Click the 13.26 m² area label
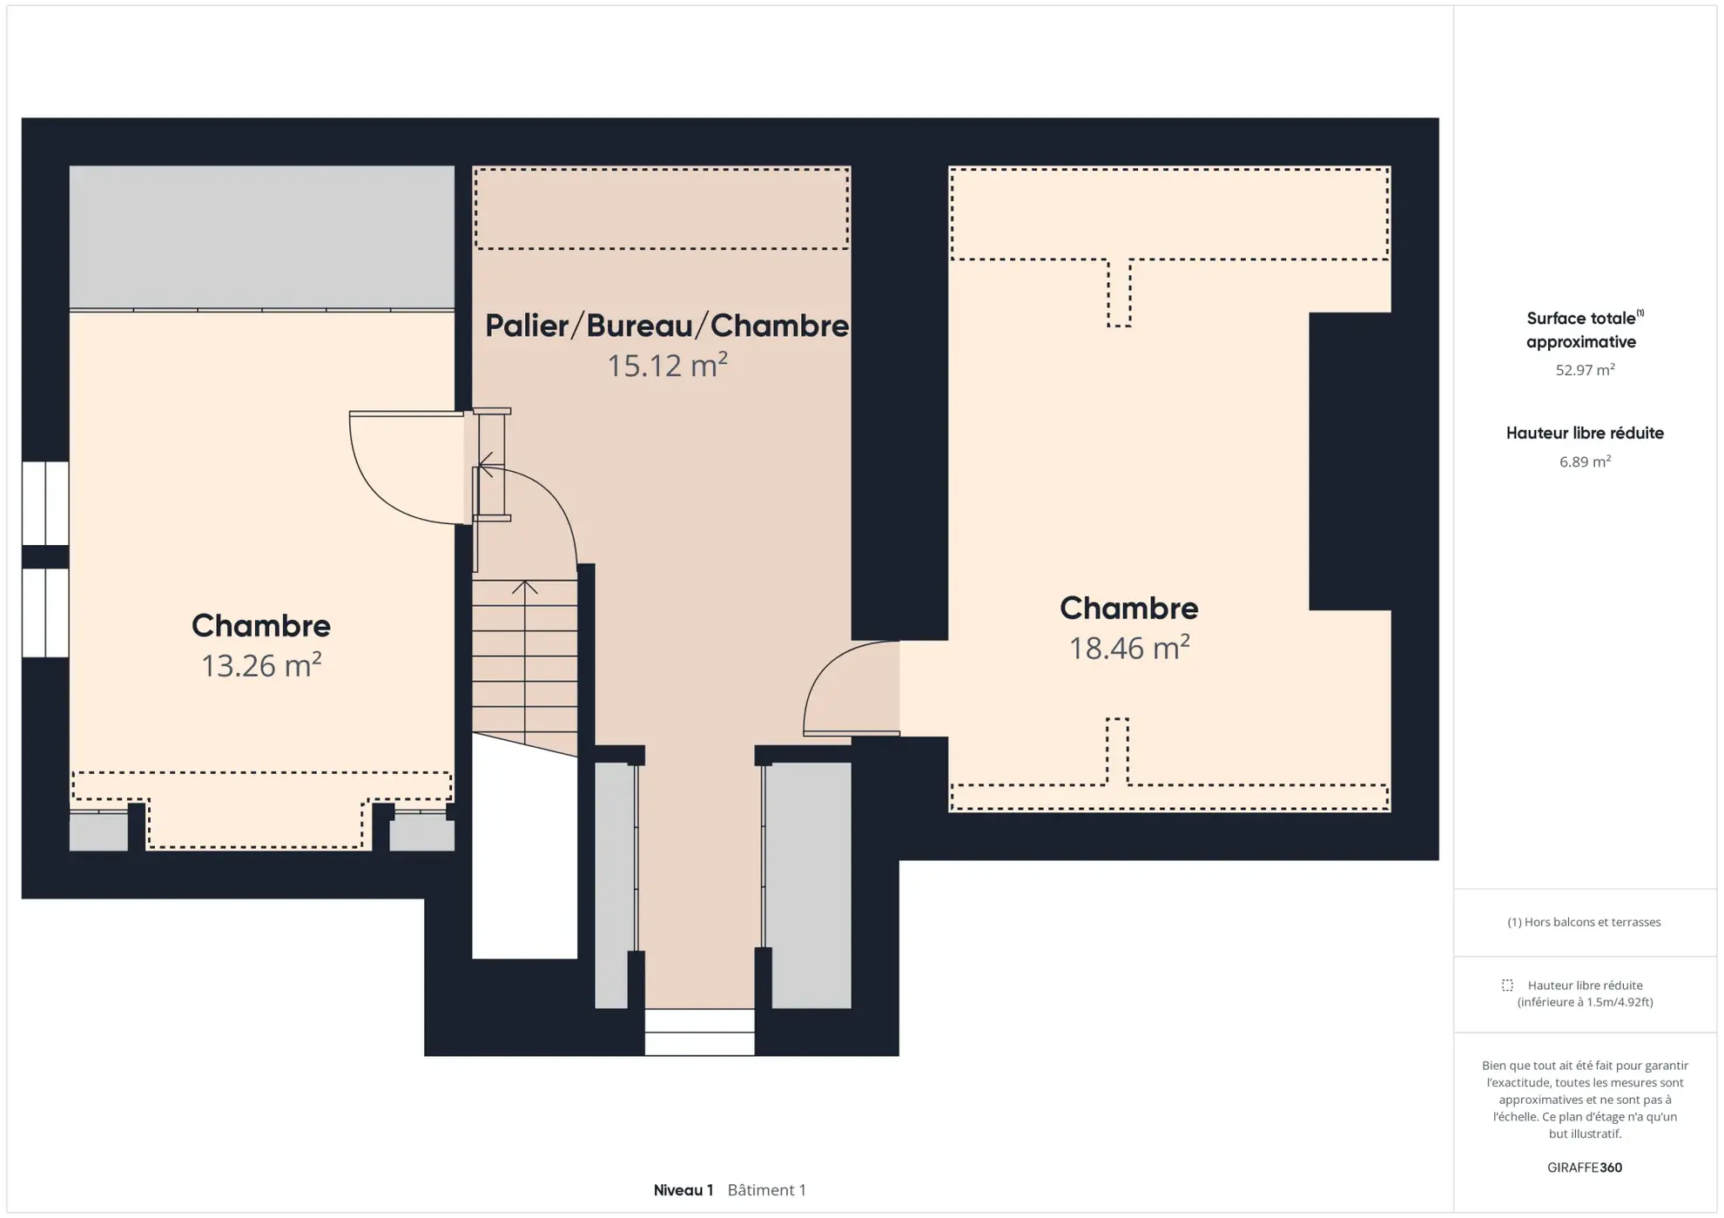pyautogui.click(x=261, y=665)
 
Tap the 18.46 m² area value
pyautogui.click(x=1129, y=648)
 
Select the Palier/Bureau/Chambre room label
pyautogui.click(x=667, y=326)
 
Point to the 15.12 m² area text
pyautogui.click(x=667, y=365)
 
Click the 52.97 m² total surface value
pyautogui.click(x=1585, y=370)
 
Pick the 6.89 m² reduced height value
pyautogui.click(x=1585, y=461)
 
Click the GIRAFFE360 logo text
pyautogui.click(x=1585, y=1168)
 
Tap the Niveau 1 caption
pyautogui.click(x=684, y=1190)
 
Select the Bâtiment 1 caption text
pyautogui.click(x=767, y=1190)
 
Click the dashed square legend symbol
pyautogui.click(x=1507, y=986)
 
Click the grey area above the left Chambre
pyautogui.click(x=261, y=237)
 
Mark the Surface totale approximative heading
pyautogui.click(x=1584, y=330)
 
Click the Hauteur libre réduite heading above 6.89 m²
pyautogui.click(x=1585, y=433)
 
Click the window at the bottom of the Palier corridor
pyautogui.click(x=699, y=1032)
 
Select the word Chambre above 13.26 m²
pyautogui.click(x=261, y=625)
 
